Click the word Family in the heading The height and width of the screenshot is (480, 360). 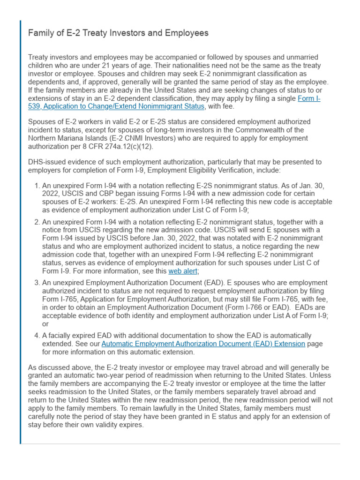click(x=40, y=33)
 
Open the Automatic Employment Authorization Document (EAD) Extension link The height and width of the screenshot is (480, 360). click(x=203, y=344)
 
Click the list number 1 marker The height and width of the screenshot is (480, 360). click(x=37, y=186)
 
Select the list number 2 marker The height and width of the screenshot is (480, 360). click(x=37, y=222)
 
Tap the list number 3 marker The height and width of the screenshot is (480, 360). click(x=37, y=283)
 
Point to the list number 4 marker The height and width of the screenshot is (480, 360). click(x=37, y=336)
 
